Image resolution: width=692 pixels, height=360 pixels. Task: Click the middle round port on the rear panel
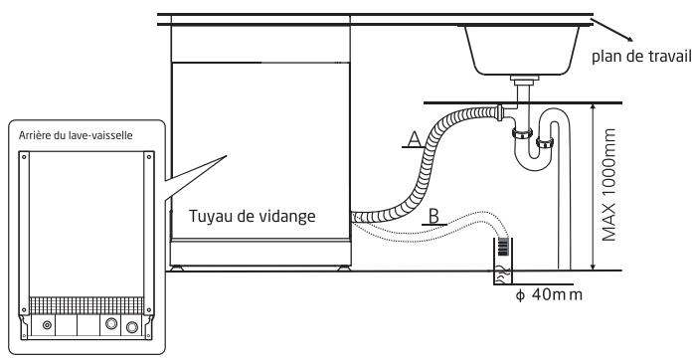(x=112, y=323)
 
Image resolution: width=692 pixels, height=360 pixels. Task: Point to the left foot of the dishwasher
(x=178, y=266)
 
